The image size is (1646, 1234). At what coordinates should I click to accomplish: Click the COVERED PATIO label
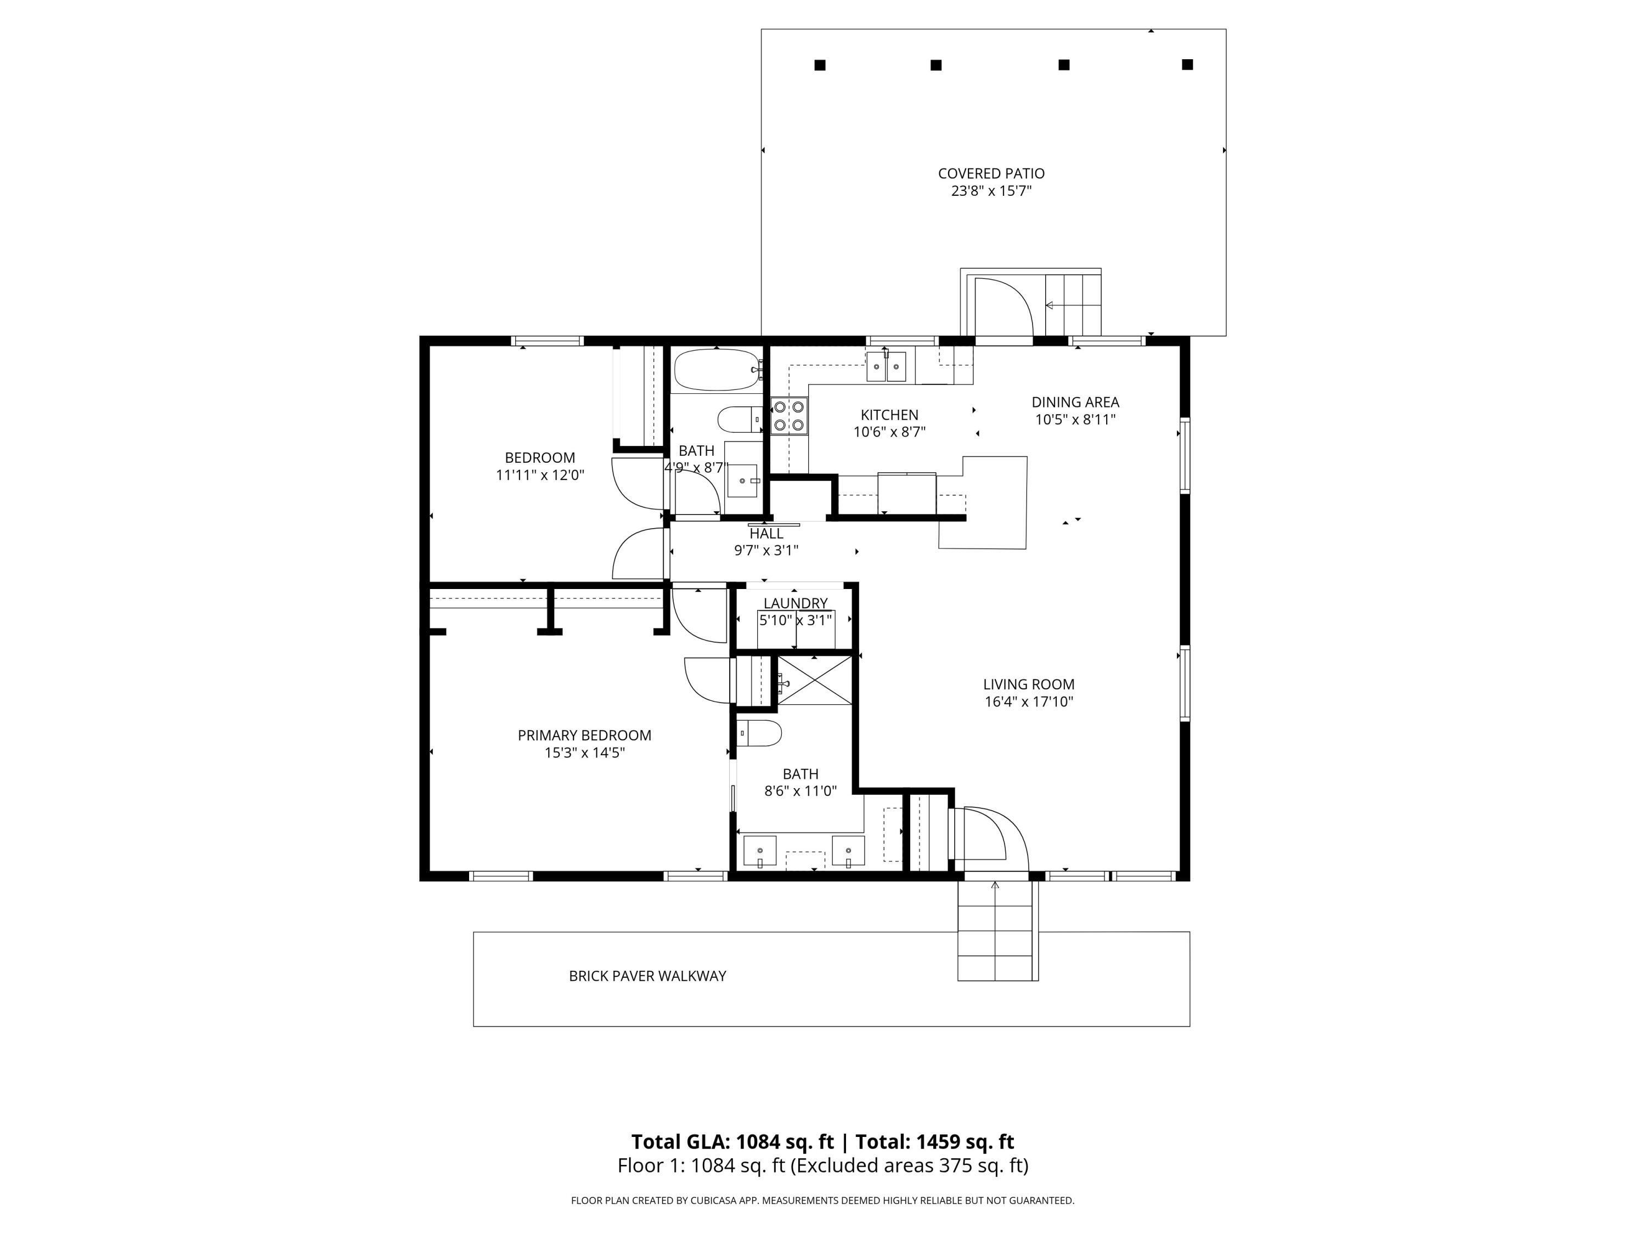point(991,173)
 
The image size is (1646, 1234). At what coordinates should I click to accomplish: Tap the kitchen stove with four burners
point(789,416)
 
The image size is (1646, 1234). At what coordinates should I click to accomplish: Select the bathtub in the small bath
point(717,370)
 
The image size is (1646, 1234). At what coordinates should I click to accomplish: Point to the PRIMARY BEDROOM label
point(584,735)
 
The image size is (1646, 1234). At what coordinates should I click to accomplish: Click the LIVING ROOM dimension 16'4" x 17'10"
point(1028,701)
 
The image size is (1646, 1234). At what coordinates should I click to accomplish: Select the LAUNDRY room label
point(794,603)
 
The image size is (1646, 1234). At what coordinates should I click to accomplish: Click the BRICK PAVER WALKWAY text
point(647,976)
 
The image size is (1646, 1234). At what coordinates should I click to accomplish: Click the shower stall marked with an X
point(814,681)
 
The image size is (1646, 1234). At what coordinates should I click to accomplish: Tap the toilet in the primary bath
point(759,733)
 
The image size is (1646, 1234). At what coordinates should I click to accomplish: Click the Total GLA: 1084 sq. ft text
point(732,1142)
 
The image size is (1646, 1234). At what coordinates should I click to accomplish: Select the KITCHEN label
point(889,414)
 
